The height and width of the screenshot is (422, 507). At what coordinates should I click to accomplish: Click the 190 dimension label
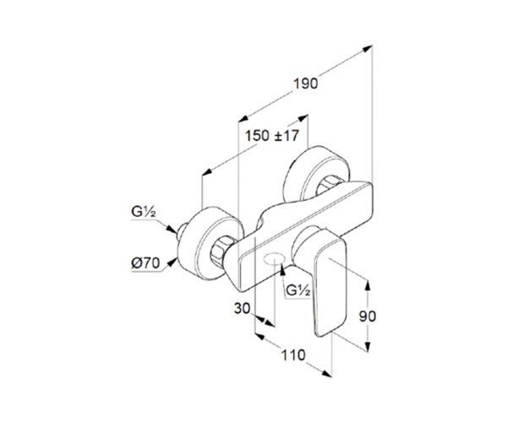[x=306, y=84]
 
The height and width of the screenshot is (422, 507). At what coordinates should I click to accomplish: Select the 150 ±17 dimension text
[x=272, y=136]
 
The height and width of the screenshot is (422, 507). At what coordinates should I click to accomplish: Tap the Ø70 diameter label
[x=145, y=263]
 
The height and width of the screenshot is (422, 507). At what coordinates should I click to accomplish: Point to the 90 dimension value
[x=368, y=316]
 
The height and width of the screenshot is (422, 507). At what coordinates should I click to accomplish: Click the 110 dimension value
[x=293, y=355]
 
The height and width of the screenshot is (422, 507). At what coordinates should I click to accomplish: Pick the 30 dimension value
[x=243, y=308]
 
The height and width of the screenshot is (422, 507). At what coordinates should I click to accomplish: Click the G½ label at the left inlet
[x=144, y=212]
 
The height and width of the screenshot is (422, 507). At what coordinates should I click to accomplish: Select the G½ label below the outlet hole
[x=298, y=291]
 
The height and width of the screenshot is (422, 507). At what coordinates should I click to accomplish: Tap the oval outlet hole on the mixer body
[x=274, y=259]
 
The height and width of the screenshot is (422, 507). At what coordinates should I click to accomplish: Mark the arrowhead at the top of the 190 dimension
[x=368, y=49]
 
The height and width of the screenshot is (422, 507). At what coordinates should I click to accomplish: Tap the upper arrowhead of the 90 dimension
[x=368, y=286]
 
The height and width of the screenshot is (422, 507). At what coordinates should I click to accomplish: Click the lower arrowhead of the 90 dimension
[x=368, y=346]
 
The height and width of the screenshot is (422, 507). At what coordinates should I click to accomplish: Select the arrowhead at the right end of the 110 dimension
[x=326, y=373]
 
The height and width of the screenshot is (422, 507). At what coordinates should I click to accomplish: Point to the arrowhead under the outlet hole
[x=282, y=270]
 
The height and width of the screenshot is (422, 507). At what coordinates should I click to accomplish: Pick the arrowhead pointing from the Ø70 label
[x=172, y=262]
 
